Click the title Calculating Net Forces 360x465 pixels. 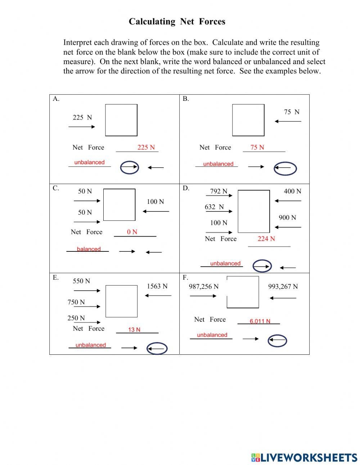177,22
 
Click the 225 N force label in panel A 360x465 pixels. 82,117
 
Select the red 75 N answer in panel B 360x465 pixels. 257,147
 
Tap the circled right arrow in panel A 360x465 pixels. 129,167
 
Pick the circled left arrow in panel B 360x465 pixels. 285,168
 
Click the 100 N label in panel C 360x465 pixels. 155,202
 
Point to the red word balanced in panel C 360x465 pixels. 89,249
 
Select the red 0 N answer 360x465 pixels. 132,232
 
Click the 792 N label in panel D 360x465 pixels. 219,191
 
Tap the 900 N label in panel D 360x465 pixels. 287,218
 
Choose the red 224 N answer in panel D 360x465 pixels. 266,239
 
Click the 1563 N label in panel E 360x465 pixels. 157,286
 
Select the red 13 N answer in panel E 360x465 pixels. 134,330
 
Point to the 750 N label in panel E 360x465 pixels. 76,302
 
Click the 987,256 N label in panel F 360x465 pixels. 203,287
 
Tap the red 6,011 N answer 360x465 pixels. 260,321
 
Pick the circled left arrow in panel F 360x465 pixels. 278,340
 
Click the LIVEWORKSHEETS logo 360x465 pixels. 304,457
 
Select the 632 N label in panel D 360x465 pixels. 214,207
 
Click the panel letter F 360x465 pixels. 185,277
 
